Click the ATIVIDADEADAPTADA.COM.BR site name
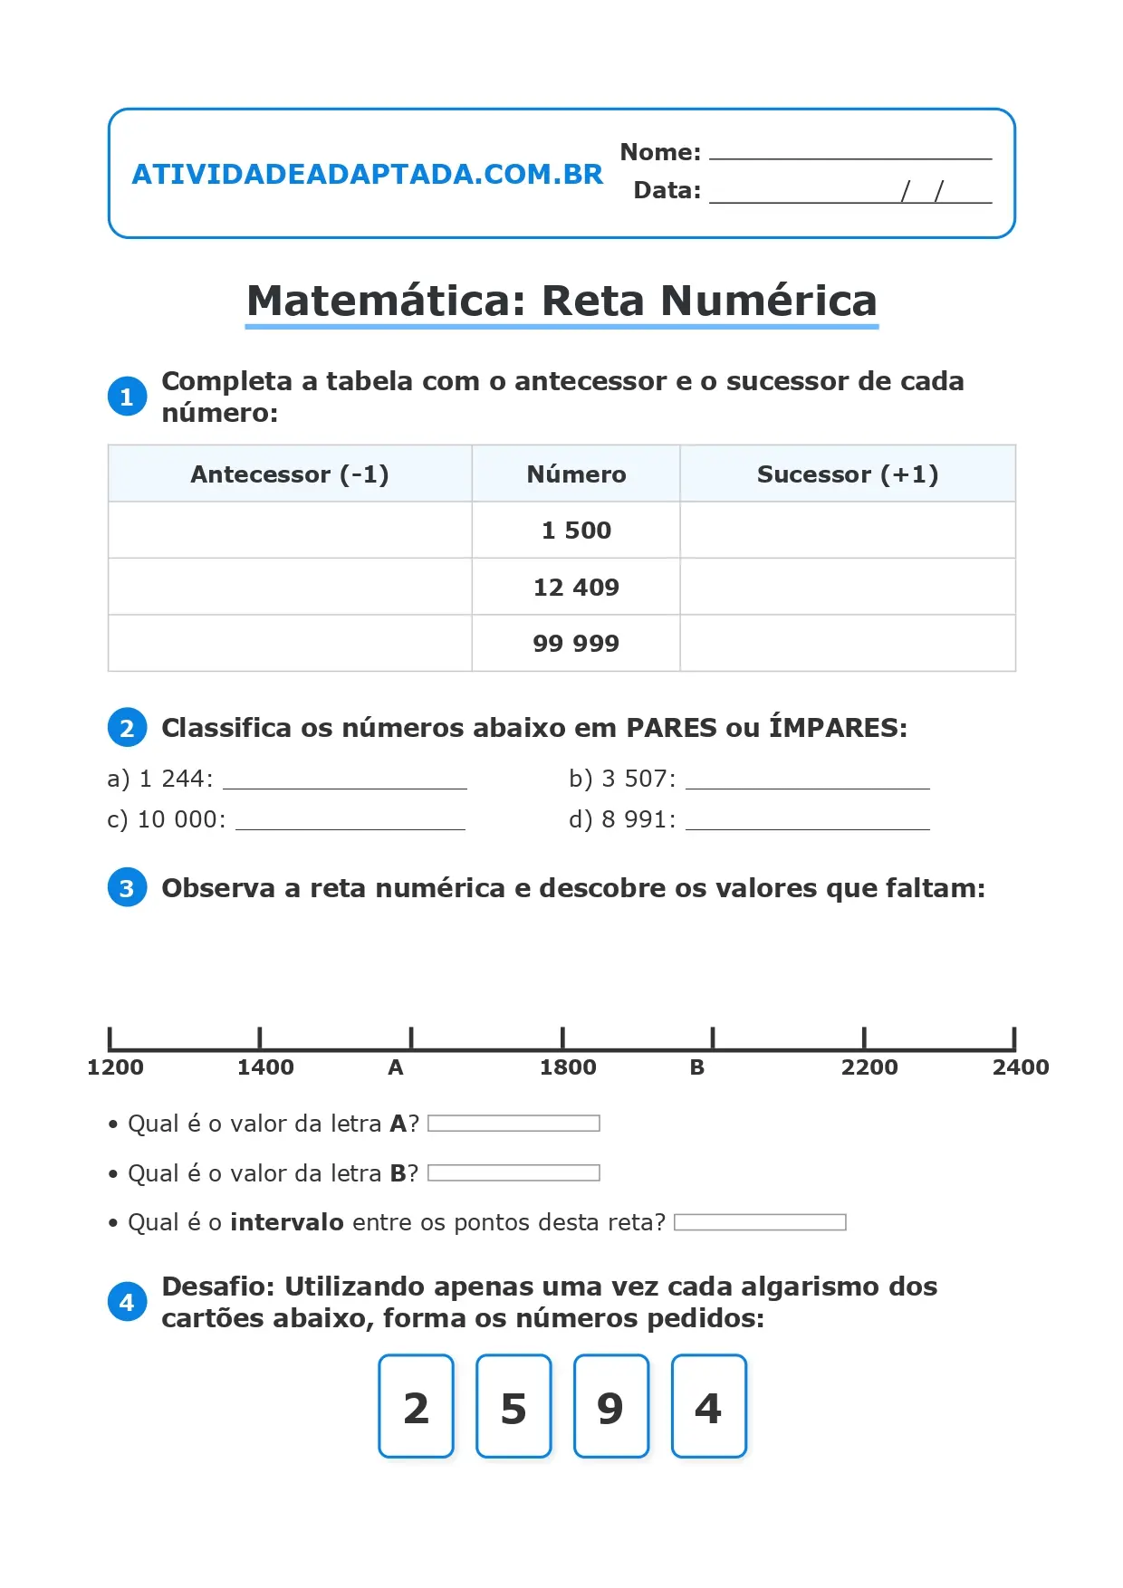[367, 174]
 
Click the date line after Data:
[849, 193]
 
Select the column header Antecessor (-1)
[290, 474]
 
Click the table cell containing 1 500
[576, 531]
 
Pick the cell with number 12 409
[576, 588]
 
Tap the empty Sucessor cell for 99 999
[847, 644]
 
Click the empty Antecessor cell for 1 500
[290, 531]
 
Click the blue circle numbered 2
[127, 728]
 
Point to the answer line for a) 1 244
[344, 781]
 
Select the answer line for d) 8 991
[807, 822]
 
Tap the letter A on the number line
[396, 1067]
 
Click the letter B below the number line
[696, 1067]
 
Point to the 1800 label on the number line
[568, 1067]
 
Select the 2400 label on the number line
[1020, 1067]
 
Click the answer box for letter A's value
[514, 1124]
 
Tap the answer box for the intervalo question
[760, 1222]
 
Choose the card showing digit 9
[611, 1406]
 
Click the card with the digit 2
[417, 1406]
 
